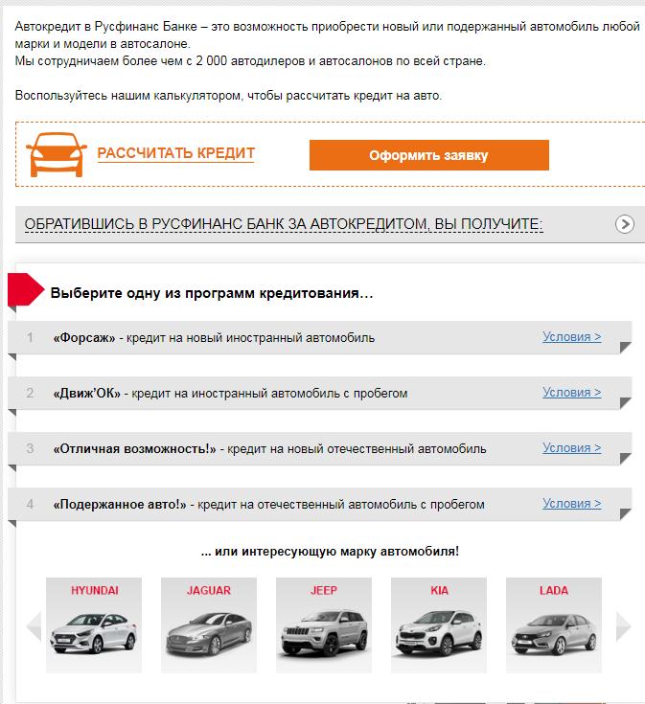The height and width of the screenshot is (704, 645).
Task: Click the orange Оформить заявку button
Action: [x=429, y=155]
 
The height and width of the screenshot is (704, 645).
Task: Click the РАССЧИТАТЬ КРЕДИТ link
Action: [x=176, y=153]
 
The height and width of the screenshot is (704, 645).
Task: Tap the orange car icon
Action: [x=57, y=154]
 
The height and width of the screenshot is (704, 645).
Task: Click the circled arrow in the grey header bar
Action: [x=624, y=223]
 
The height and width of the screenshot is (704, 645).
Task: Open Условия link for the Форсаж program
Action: [x=572, y=337]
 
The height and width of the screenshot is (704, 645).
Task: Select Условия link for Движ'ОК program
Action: [x=572, y=393]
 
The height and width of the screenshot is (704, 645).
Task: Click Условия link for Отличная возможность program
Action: [x=572, y=448]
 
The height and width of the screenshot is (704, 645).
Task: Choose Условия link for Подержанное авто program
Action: [x=572, y=504]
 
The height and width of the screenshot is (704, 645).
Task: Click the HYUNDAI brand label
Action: [x=94, y=590]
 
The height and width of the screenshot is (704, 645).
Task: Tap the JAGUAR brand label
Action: [x=209, y=590]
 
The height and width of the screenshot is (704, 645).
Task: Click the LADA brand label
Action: [x=554, y=590]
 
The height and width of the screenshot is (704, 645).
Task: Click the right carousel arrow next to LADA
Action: [x=623, y=625]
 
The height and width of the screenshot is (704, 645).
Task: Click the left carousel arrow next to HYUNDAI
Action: [x=35, y=625]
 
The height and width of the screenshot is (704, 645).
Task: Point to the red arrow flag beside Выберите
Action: [x=26, y=289]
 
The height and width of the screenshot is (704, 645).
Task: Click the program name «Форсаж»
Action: [x=84, y=337]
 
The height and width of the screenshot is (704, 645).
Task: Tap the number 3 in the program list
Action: [x=30, y=448]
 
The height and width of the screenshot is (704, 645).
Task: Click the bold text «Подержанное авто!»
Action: [x=120, y=504]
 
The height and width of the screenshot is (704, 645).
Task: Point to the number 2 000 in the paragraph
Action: [x=211, y=60]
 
